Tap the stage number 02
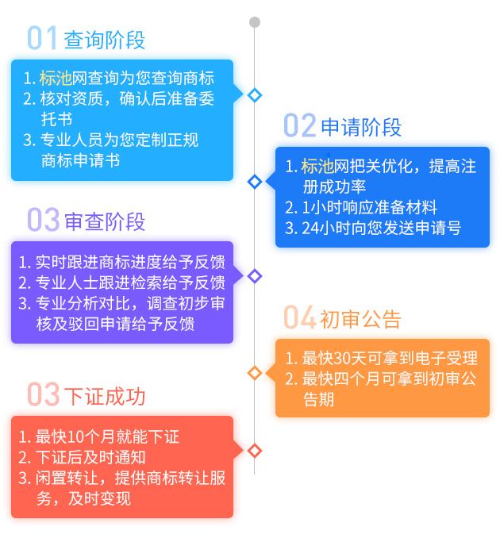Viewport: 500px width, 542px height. click(x=300, y=126)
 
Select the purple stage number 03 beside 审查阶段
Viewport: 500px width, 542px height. click(x=43, y=220)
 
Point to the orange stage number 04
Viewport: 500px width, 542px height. click(x=300, y=318)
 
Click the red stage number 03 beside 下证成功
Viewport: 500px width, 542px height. click(x=43, y=394)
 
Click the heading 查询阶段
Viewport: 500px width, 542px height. click(x=105, y=40)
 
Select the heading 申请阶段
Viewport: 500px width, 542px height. click(x=361, y=127)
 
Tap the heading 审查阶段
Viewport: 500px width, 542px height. click(x=105, y=221)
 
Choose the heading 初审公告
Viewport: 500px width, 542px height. click(x=361, y=319)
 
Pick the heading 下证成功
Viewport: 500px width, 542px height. click(x=105, y=395)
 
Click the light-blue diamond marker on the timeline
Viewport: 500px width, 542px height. click(x=255, y=95)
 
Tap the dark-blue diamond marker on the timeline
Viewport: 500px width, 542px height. click(x=255, y=182)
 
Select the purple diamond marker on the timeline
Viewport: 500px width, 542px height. click(x=255, y=276)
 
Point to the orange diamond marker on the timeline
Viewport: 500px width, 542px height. click(x=255, y=373)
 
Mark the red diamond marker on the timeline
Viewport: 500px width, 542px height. click(x=255, y=451)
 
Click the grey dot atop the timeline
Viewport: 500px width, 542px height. click(x=255, y=22)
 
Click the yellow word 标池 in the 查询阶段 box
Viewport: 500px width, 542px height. click(x=56, y=78)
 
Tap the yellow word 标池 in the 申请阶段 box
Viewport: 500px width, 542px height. click(x=317, y=166)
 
